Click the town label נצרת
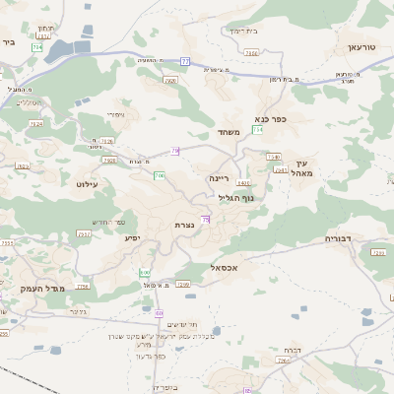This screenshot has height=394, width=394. pos(183,226)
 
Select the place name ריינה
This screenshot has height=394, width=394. pos(219,179)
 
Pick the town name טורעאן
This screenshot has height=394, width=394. pos(362,46)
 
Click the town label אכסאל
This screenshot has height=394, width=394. pos(226,267)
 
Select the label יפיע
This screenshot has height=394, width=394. pos(132,237)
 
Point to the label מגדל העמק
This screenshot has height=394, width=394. pos(39,288)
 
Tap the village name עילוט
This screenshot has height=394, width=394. pos(87,183)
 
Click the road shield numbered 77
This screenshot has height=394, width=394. pos(184,61)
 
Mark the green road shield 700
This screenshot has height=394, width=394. pos(159,175)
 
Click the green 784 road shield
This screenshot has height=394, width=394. pos(37,46)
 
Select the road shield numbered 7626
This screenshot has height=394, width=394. pos(251,53)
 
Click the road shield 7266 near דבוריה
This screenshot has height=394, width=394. pos(378,253)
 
